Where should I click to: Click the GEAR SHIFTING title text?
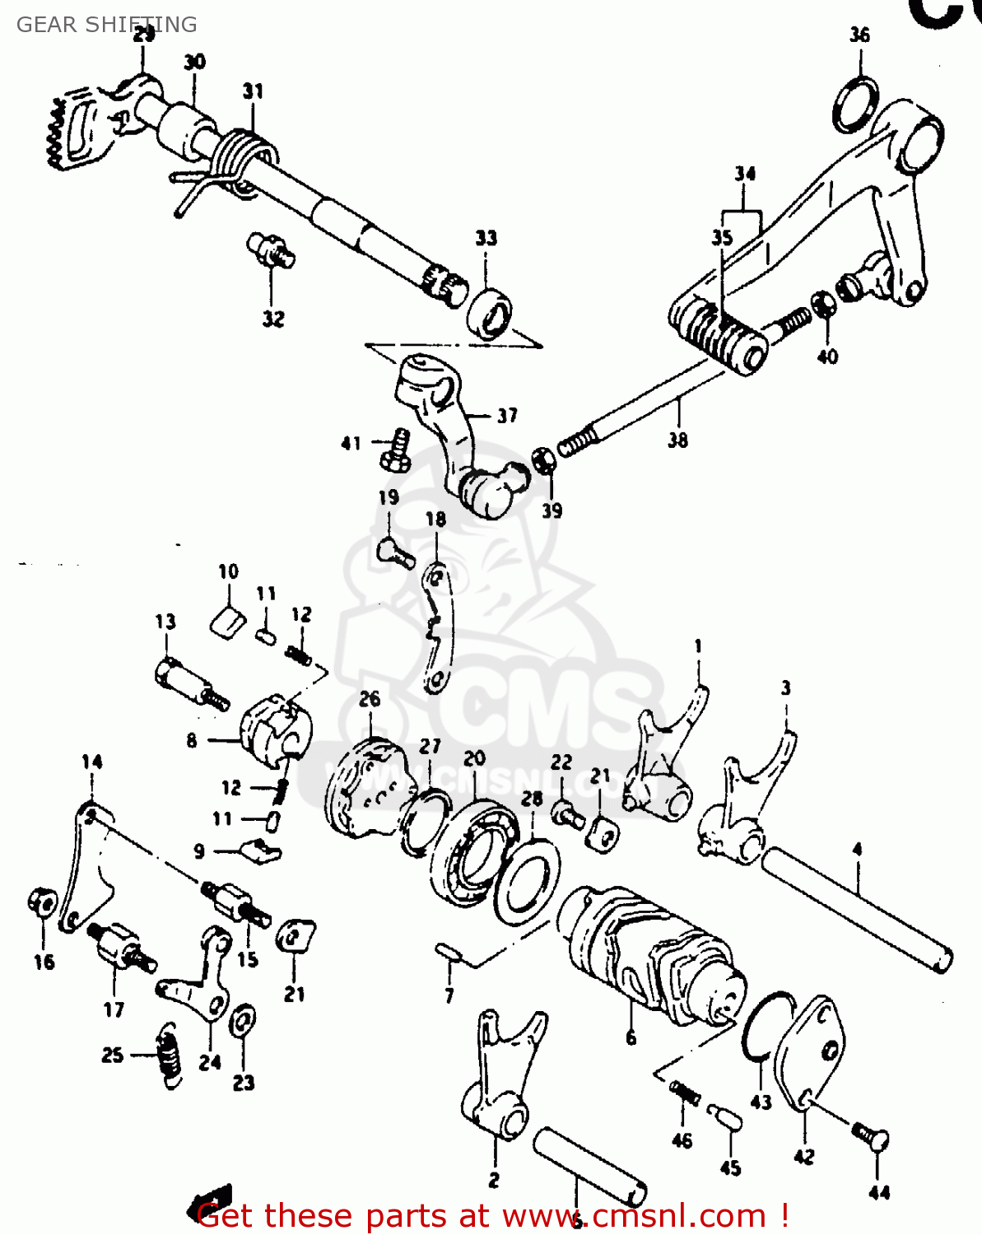(x=106, y=25)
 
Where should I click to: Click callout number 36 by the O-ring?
(x=859, y=35)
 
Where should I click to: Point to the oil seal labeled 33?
(x=491, y=313)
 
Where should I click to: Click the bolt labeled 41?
(x=397, y=450)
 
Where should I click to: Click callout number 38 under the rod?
(x=677, y=440)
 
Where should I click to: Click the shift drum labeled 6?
(x=650, y=955)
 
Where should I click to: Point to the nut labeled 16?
(x=42, y=905)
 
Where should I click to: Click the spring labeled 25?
(x=168, y=1056)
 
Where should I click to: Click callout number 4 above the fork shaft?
(x=857, y=849)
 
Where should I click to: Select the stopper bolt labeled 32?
(x=271, y=249)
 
